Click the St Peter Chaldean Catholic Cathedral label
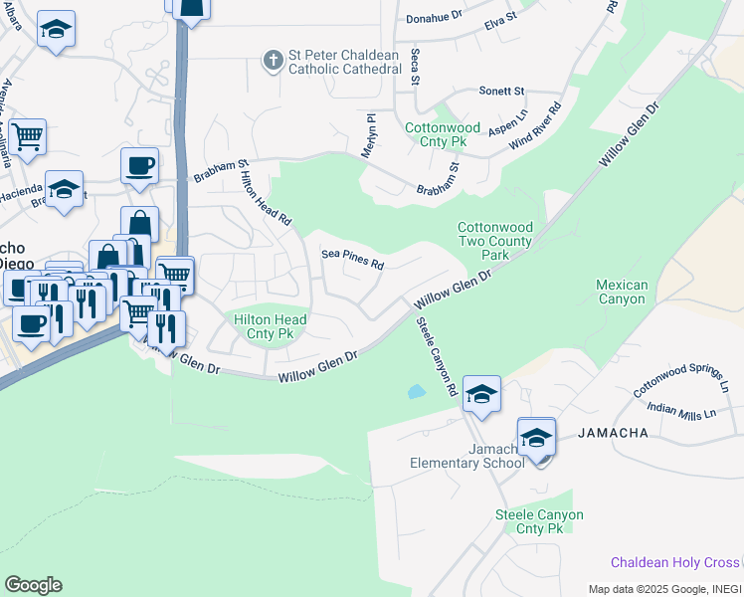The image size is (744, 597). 352,62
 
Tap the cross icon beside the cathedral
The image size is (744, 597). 273,61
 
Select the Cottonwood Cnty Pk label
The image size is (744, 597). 442,135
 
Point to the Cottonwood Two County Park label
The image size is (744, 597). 494,241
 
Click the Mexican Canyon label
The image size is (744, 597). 622,293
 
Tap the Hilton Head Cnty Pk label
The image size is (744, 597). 270,326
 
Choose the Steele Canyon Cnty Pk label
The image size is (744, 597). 539,521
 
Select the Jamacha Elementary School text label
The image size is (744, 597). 467,457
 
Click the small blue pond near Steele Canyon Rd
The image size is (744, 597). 416,391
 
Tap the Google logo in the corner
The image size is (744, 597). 33,585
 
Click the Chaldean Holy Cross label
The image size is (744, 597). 675,562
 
